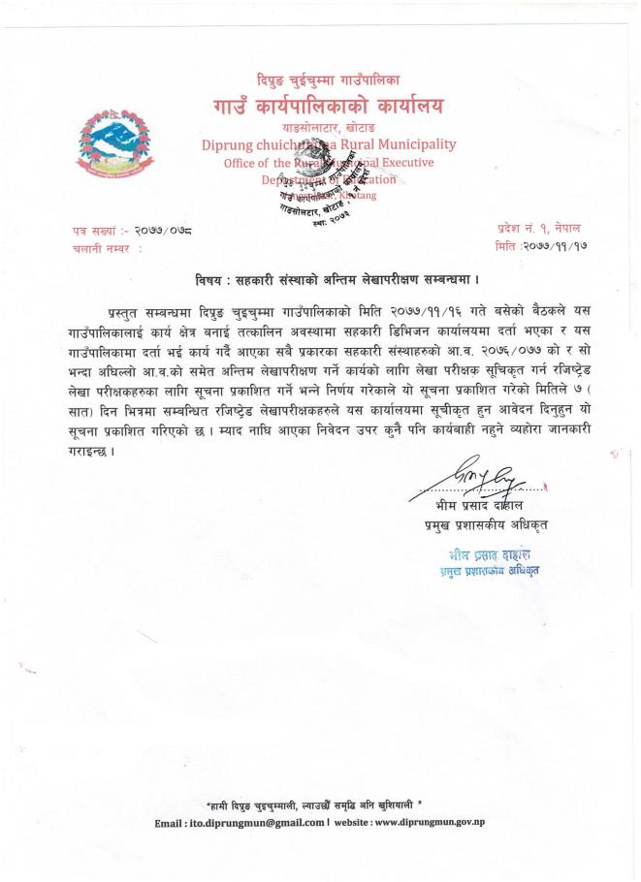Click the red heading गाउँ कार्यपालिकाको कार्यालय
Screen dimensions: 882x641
pyautogui.click(x=330, y=104)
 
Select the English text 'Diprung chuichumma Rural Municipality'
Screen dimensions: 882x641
pyautogui.click(x=328, y=144)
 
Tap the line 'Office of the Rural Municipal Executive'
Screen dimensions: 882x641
pyautogui.click(x=328, y=163)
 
